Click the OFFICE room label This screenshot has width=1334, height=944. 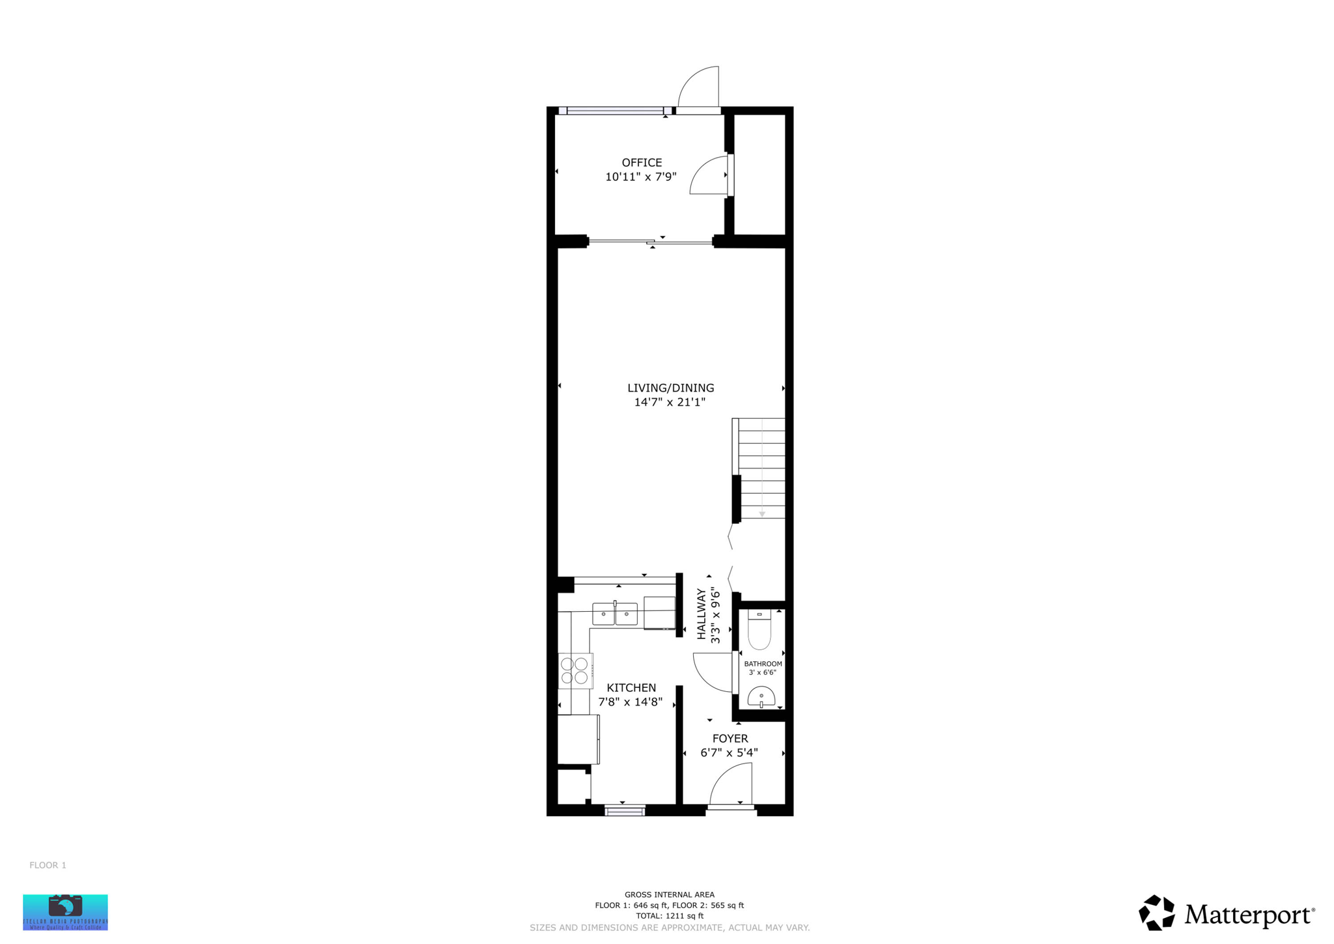[x=642, y=163]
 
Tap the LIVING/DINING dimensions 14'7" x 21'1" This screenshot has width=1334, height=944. [x=670, y=402]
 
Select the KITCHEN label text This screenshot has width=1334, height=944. [x=631, y=688]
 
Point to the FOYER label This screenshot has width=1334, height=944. [x=730, y=739]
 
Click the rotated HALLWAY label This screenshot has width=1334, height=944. [x=702, y=614]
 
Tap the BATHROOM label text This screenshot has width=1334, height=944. [x=763, y=664]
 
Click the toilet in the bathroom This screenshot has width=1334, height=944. [x=759, y=630]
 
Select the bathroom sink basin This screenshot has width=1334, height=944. [x=761, y=697]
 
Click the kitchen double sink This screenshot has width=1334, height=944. [x=614, y=614]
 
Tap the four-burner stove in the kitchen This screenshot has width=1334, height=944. [x=575, y=671]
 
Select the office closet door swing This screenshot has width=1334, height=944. [x=710, y=176]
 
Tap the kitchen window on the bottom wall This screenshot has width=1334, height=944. [x=624, y=811]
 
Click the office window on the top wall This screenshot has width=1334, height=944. [x=614, y=111]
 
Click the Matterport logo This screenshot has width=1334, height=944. [x=1227, y=913]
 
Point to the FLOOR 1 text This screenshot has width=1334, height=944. [x=48, y=865]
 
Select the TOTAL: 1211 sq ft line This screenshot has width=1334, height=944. [x=669, y=915]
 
